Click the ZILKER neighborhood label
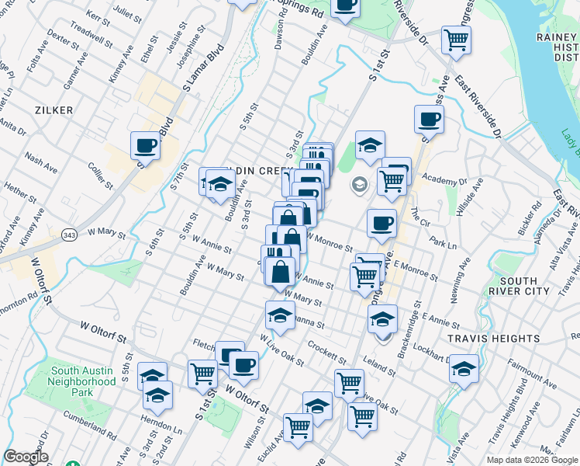[54, 110]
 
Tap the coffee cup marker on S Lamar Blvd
[146, 144]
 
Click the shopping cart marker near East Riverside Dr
[456, 39]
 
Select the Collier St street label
[101, 175]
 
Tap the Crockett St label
[326, 351]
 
